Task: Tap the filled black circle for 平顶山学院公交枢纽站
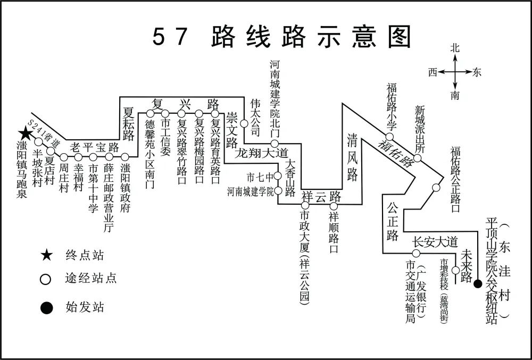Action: pos(478,283)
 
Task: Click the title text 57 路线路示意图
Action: pos(282,37)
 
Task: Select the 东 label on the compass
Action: pos(477,72)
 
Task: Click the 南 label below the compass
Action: pos(455,96)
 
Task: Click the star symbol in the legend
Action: pos(47,256)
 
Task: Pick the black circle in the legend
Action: pos(47,307)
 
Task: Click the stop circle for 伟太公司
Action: pos(244,123)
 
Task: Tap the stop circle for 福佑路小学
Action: pos(389,137)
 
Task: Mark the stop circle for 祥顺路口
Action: pos(334,206)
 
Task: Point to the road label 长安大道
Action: pos(435,242)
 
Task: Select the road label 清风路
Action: pos(352,157)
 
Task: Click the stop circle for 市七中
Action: pos(277,176)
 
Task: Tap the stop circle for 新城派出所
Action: pos(418,158)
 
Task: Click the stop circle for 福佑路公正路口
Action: pos(436,187)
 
